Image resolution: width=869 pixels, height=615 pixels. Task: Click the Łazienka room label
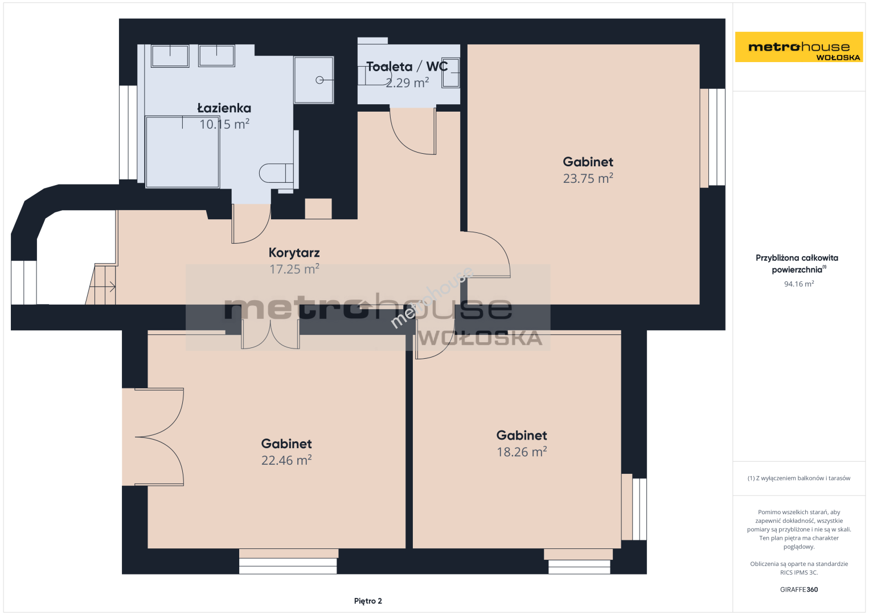[224, 108]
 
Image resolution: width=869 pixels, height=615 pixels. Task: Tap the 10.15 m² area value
[224, 124]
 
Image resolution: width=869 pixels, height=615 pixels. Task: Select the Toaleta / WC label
[407, 67]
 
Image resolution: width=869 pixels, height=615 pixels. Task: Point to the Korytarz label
[294, 253]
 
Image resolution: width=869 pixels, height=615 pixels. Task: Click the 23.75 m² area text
[588, 178]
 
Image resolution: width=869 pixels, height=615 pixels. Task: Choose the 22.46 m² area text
[286, 460]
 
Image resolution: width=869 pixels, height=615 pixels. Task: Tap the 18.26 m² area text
[522, 452]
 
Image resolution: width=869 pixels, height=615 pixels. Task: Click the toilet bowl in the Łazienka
[276, 173]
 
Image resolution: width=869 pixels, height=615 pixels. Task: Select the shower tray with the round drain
[313, 80]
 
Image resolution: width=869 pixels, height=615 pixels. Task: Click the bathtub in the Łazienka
[182, 151]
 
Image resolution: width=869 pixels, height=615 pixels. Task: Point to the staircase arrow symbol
[103, 287]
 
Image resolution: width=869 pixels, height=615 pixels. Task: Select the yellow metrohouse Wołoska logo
[799, 47]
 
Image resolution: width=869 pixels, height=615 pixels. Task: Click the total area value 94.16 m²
[799, 284]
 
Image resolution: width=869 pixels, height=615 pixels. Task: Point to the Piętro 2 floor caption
[368, 601]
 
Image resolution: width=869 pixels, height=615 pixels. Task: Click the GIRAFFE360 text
[799, 589]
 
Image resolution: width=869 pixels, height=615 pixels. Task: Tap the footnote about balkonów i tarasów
[799, 478]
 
